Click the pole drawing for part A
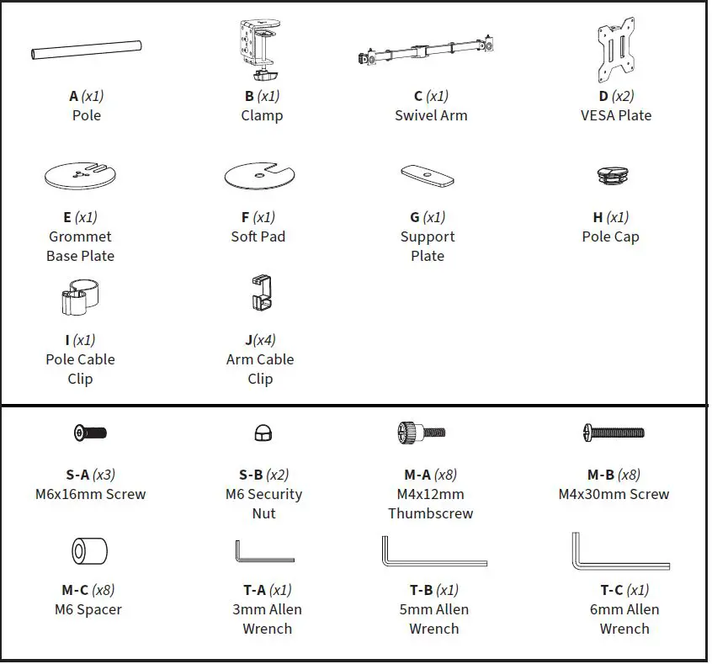pos(86,51)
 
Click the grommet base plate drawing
pos(80,175)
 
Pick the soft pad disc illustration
pos(259,176)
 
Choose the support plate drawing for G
pos(428,175)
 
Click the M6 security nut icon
pos(262,433)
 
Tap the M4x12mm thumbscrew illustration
pos(420,433)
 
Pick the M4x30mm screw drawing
pos(614,433)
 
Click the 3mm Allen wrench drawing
pos(263,552)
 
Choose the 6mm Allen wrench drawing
pos(619,552)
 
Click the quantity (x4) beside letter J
pos(266,340)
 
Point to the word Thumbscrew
pos(431,513)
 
